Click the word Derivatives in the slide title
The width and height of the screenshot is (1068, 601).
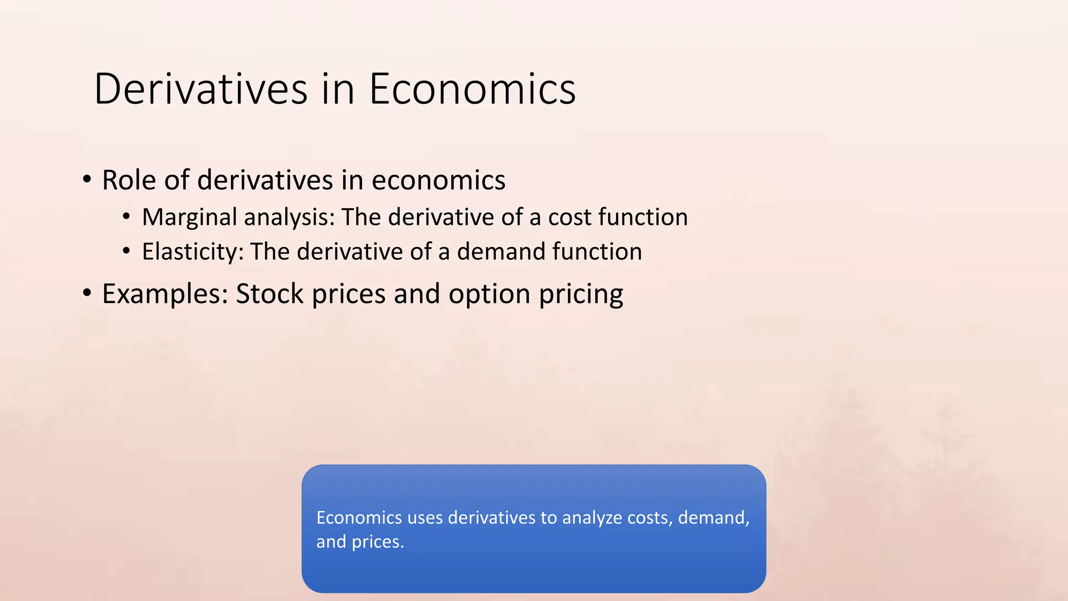click(201, 89)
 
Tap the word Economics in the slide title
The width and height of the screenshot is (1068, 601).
click(472, 89)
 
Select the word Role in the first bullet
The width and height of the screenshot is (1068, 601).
click(130, 181)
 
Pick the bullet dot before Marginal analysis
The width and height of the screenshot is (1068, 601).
click(126, 217)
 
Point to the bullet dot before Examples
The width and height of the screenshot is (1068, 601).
click(87, 293)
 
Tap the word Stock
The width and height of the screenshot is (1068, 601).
click(270, 294)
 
